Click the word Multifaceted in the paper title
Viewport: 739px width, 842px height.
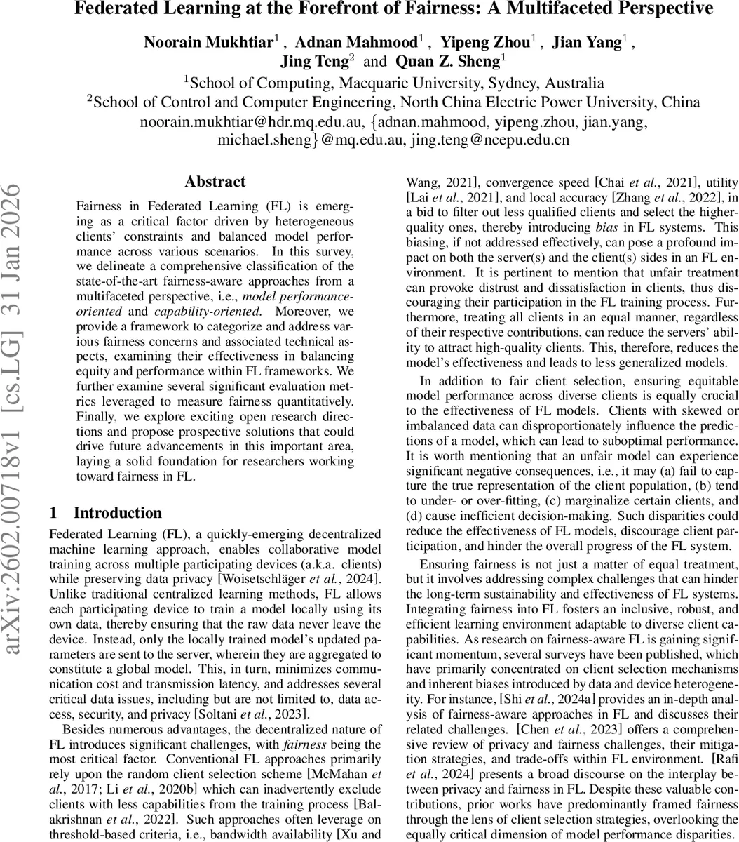567,10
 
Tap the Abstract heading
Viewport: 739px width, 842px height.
215,182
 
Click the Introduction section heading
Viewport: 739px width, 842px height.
117,513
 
